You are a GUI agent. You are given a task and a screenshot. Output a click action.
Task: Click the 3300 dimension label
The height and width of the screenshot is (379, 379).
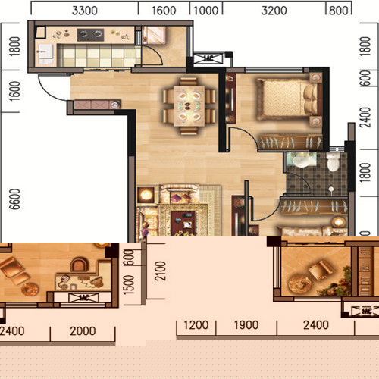(x=85, y=11)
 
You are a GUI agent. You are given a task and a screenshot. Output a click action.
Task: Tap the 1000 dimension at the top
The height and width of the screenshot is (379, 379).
(x=206, y=11)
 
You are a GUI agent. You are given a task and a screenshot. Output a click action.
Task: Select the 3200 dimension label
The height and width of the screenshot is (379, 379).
(x=274, y=11)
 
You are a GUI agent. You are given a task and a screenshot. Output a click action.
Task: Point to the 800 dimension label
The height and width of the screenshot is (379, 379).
(x=339, y=11)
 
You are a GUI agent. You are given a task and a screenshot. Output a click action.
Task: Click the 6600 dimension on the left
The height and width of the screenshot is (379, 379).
(x=14, y=199)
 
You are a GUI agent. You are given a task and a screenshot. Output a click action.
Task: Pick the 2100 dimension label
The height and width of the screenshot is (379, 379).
(x=160, y=271)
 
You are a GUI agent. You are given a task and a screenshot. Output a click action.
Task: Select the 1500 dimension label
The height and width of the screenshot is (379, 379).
(x=129, y=285)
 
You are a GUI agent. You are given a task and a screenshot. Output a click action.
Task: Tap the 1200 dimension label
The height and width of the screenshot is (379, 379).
(x=196, y=325)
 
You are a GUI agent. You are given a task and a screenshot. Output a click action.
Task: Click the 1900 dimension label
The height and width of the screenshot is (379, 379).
(x=246, y=325)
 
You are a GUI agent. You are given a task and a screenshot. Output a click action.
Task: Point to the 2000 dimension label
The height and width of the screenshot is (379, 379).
(x=83, y=331)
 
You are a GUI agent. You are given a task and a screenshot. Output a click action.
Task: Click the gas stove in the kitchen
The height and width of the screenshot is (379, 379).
(x=91, y=35)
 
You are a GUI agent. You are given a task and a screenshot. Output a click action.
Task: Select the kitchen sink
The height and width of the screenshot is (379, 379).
(x=45, y=54)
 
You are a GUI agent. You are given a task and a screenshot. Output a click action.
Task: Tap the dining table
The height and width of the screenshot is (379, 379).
(x=189, y=106)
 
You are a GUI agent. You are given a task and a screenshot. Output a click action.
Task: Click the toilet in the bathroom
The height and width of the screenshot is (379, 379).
(x=334, y=161)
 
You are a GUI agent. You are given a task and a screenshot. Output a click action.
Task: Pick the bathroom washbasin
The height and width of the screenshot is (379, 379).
(x=301, y=161)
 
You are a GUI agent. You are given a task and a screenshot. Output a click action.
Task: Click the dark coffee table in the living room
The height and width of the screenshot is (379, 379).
(x=183, y=223)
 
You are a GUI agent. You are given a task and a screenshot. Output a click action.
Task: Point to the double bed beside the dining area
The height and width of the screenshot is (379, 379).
(x=287, y=99)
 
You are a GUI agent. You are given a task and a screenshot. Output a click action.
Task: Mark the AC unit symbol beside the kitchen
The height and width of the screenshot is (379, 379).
(x=208, y=58)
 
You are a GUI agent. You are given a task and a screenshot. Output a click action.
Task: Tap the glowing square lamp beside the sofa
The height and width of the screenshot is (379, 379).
(x=146, y=195)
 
